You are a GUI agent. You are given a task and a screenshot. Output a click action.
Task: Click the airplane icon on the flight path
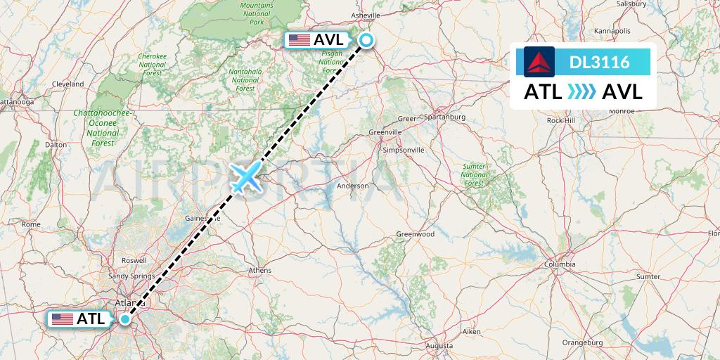coord(245,177)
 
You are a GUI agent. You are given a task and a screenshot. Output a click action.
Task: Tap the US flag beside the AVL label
coord(300,40)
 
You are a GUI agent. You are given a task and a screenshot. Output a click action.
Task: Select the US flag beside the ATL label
coord(63,319)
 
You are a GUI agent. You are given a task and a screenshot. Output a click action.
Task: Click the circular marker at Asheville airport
coord(366,40)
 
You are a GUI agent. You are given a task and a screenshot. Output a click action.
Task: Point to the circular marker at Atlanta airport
coord(124,319)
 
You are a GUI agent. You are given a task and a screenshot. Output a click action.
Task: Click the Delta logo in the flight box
coord(539,62)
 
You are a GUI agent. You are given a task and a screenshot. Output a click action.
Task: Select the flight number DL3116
coord(599,63)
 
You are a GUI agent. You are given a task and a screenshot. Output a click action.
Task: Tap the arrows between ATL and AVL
coord(581,92)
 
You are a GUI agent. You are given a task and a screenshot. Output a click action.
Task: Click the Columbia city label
coord(560,264)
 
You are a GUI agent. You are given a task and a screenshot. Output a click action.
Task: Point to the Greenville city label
coord(385,131)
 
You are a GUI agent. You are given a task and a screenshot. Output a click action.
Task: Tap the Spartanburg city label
coord(446,117)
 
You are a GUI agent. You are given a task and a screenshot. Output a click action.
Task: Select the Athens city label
coord(260,270)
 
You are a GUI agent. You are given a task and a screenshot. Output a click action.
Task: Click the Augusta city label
coord(439,346)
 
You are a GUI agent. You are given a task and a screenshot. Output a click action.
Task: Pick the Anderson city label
coord(353,186)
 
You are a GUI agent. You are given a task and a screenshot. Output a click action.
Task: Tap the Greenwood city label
coord(416,234)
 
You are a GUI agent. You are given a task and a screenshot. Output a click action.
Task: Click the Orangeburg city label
coord(583,342)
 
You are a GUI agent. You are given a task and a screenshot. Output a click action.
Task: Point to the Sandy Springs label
coord(131,276)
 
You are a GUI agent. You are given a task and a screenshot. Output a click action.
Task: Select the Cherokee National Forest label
coord(152,64)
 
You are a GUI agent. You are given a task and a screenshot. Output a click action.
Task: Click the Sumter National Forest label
coord(475,174)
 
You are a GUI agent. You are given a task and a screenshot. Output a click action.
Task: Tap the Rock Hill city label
coord(560,120)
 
